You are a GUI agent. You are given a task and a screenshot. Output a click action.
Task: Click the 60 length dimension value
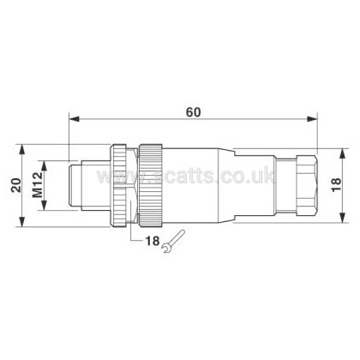click(x=194, y=112)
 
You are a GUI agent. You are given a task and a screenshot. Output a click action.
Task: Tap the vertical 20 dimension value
click(x=16, y=185)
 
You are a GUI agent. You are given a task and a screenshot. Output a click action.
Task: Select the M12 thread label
click(x=38, y=185)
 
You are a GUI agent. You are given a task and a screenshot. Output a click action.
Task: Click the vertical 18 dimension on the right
click(x=336, y=185)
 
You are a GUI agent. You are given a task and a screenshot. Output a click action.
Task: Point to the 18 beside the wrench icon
click(x=153, y=241)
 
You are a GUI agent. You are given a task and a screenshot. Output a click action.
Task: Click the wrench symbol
click(x=173, y=242)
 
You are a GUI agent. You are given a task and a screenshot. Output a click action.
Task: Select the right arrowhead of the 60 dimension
click(x=312, y=119)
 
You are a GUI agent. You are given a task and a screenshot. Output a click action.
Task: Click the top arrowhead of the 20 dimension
click(x=22, y=150)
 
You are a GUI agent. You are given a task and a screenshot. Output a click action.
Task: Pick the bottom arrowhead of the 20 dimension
click(x=22, y=221)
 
